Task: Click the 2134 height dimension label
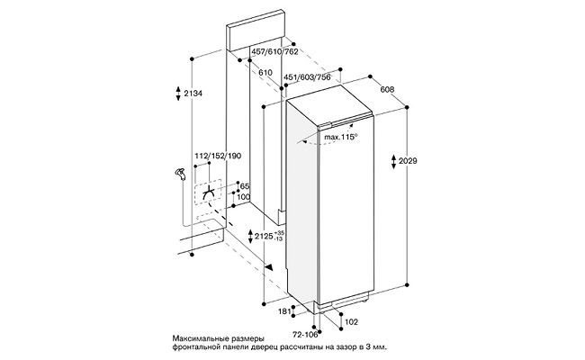point(191,94)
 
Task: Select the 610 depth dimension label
point(265,73)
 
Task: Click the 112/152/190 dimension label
point(217,156)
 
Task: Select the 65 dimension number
point(243,186)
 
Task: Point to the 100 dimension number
point(244,198)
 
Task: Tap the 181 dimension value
point(284,312)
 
